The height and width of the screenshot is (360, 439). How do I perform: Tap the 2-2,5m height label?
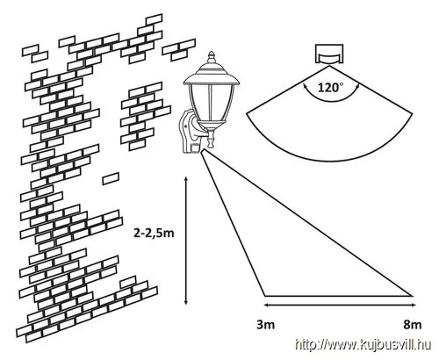(x=154, y=234)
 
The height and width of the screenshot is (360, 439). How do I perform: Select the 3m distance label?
(x=266, y=325)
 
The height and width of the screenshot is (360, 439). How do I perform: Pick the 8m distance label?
(x=413, y=325)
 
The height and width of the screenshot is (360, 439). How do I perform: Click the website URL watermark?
(x=363, y=344)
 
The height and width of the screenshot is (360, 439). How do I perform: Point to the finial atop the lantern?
(x=212, y=57)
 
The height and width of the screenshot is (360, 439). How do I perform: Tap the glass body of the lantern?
(x=210, y=103)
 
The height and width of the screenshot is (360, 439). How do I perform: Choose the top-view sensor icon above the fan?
(x=329, y=54)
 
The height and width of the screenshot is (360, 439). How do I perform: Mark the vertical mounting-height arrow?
(x=185, y=241)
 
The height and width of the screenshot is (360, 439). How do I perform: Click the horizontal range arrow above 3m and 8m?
(x=340, y=306)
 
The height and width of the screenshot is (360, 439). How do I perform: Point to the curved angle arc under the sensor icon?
(x=330, y=101)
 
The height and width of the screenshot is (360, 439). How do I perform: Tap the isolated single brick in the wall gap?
(x=111, y=178)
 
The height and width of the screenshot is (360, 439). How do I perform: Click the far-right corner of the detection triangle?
(x=413, y=296)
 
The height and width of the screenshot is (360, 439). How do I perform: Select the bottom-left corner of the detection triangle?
(x=265, y=296)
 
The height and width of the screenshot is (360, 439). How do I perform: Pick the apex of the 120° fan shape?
(x=329, y=66)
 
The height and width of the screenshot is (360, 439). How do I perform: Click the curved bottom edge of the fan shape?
(x=329, y=160)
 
